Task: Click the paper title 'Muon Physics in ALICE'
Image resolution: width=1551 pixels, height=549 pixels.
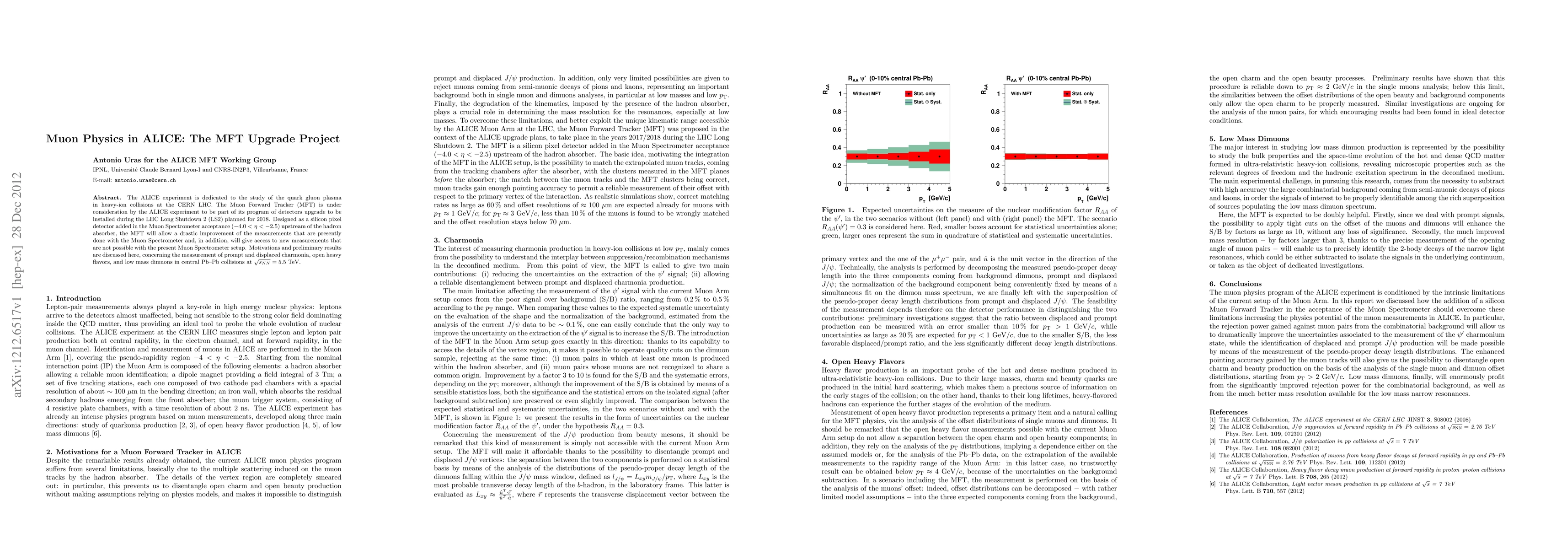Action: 193,139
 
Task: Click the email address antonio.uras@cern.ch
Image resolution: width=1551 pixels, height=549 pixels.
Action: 148,180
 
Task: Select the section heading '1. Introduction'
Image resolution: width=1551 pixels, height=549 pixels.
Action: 74,298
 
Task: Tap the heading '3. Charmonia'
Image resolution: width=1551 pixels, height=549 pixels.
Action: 459,240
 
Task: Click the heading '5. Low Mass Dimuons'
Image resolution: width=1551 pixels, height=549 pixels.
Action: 1247,139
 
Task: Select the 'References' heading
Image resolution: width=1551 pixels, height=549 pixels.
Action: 1230,412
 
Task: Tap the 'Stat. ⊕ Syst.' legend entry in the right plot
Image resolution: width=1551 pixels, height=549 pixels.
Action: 1086,102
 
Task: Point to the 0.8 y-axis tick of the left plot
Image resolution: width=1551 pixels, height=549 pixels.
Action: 837,112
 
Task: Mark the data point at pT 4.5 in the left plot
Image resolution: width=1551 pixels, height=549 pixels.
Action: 939,156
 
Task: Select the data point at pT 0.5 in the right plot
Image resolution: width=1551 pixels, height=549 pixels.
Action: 1015,156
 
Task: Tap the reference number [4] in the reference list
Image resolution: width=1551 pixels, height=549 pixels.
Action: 1214,456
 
